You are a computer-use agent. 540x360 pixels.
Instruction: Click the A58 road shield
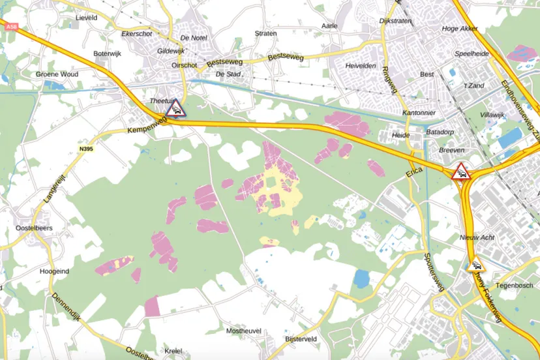point(11,27)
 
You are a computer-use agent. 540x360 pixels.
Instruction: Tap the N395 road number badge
point(86,149)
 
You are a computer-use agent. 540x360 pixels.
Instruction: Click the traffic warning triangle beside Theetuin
point(175,108)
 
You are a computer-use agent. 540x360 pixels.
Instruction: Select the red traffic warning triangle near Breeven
point(460,172)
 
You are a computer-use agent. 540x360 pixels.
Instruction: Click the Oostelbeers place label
point(35,228)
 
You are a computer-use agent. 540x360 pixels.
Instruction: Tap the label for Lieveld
point(86,18)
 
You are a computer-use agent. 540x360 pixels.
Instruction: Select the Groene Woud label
point(57,74)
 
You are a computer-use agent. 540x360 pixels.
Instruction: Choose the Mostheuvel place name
point(243,331)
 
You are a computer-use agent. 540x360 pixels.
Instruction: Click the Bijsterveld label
point(301,339)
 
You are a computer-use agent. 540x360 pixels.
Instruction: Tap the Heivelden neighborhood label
point(360,66)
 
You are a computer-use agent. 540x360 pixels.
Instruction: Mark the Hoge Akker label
point(460,29)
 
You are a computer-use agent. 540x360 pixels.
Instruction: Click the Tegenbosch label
point(514,286)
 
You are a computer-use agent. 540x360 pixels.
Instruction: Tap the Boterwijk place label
point(108,53)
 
